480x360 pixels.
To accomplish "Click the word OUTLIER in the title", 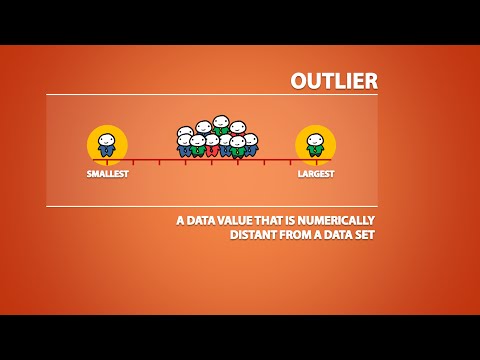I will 333,80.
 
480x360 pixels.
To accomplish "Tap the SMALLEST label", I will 107,174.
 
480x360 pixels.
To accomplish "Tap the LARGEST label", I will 315,174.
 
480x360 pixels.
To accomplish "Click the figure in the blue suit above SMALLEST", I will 107,146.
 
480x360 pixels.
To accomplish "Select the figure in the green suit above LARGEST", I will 316,146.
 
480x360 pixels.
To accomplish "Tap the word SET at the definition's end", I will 362,235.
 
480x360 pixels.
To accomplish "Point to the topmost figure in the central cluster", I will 221,124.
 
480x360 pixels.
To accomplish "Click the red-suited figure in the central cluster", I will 212,146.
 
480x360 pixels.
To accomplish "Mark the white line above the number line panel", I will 212,95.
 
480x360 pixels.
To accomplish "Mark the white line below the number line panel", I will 212,206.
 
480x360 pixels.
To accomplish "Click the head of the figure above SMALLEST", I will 107,140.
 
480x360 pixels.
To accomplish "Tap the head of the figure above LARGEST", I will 316,140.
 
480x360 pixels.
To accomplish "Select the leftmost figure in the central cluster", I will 185,142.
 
